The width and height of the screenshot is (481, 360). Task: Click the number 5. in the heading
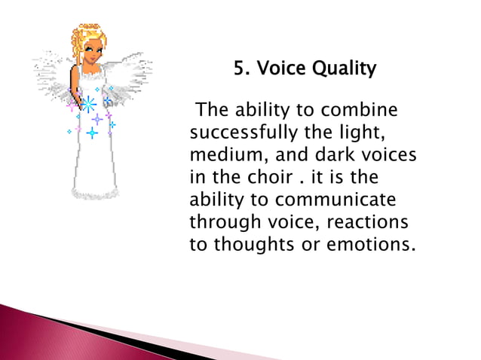pos(241,70)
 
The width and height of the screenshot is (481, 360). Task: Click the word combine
pos(360,111)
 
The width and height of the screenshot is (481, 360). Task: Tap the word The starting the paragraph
pos(212,111)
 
